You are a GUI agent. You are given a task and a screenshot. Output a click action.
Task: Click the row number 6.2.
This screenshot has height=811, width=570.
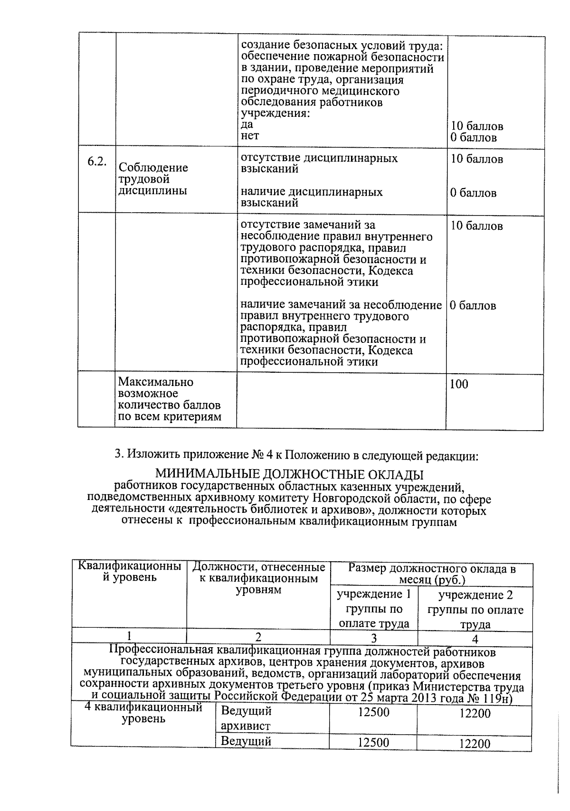pos(96,161)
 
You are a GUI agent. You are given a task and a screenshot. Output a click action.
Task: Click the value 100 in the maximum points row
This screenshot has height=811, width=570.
pos(459,384)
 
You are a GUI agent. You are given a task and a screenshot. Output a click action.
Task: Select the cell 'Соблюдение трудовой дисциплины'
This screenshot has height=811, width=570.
pos(153,179)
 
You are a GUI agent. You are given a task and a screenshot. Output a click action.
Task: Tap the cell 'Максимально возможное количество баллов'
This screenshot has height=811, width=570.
pos(169,399)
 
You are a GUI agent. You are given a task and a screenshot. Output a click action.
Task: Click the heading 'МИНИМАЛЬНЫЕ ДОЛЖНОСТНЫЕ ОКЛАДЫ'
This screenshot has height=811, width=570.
pos(289,474)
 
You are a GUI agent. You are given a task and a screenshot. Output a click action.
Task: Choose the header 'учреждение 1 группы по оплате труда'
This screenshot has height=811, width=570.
pos(374,609)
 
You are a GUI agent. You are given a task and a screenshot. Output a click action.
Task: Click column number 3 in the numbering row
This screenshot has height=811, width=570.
pos(374,638)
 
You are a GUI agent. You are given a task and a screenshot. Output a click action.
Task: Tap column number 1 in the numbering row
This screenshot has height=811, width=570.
pos(129,637)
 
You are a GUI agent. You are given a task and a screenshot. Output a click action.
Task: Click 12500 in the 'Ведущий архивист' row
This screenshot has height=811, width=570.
pos(373,713)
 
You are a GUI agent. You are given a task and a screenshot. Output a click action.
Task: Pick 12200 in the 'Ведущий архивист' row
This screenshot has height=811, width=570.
pos(475,713)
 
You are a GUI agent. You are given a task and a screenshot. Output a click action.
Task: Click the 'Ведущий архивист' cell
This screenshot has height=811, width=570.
pos(246,718)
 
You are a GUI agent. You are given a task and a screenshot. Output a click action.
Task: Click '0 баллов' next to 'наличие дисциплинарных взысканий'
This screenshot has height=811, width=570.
pos(473,193)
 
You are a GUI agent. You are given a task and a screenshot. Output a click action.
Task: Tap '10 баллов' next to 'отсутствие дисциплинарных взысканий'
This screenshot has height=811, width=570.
pos(476,159)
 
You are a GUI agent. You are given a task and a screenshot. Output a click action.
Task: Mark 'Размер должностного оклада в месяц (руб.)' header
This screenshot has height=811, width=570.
pos(432,574)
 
